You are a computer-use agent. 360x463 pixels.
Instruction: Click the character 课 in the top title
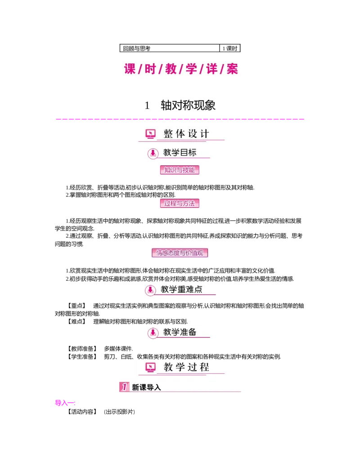pyautogui.click(x=130, y=69)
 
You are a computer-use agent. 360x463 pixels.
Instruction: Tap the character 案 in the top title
pyautogui.click(x=232, y=69)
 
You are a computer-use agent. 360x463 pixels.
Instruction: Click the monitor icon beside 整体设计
pyautogui.click(x=150, y=134)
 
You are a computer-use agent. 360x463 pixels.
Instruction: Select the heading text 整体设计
pyautogui.click(x=186, y=134)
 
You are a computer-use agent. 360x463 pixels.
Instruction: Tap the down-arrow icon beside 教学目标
pyautogui.click(x=153, y=153)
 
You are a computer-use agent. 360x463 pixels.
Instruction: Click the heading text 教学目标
pyautogui.click(x=180, y=153)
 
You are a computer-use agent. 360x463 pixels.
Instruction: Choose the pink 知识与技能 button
pyautogui.click(x=180, y=170)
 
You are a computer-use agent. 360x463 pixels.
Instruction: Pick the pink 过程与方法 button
pyautogui.click(x=180, y=203)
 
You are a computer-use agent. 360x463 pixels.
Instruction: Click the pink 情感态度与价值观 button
pyautogui.click(x=181, y=253)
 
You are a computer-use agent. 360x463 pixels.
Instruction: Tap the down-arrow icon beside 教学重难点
pyautogui.click(x=151, y=290)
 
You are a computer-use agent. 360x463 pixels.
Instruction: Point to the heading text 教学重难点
pyautogui.click(x=181, y=290)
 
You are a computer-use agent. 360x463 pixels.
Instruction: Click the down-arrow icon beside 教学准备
pyautogui.click(x=153, y=333)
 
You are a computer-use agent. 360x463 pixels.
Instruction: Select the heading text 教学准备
pyautogui.click(x=180, y=332)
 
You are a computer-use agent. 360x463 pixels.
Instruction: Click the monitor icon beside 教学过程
pyautogui.click(x=150, y=368)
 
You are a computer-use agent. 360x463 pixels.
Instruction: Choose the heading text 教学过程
pyautogui.click(x=186, y=367)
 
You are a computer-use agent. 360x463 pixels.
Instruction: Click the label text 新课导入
pyautogui.click(x=146, y=387)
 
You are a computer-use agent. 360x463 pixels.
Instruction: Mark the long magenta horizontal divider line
pyautogui.click(x=180, y=119)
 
